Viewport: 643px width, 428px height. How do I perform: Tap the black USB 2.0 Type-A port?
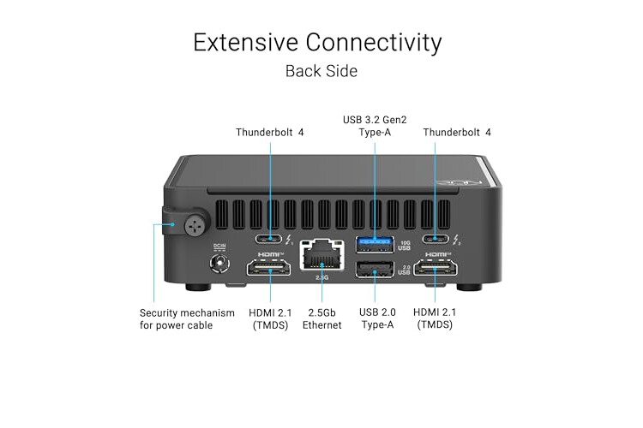tap(375, 270)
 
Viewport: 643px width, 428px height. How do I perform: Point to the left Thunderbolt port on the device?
tap(271, 240)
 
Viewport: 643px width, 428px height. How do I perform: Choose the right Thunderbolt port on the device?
tap(435, 240)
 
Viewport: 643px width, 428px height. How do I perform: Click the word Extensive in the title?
tap(246, 42)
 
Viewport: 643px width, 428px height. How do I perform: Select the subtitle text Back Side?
tap(321, 71)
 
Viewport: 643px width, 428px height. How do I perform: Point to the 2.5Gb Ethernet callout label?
tap(321, 318)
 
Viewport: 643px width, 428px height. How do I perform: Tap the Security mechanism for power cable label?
tap(187, 318)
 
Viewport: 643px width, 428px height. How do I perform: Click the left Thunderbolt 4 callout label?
tap(270, 132)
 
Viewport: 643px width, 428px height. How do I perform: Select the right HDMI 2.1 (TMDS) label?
tap(434, 318)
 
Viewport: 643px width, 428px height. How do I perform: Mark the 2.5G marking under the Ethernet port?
tap(321, 277)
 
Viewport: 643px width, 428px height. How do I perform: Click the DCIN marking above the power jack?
tap(219, 248)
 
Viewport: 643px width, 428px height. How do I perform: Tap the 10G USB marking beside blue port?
tap(406, 245)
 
